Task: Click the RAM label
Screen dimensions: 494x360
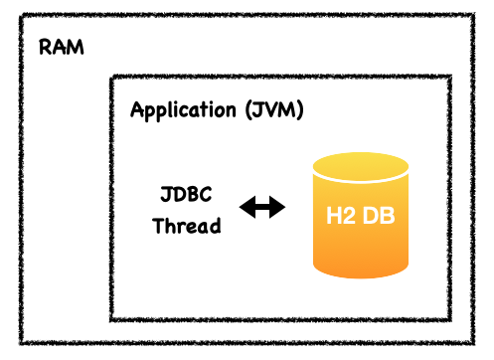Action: coord(62,47)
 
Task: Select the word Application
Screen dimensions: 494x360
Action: coord(183,110)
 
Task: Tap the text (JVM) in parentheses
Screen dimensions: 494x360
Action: coord(274,110)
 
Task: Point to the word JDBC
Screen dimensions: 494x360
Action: coord(186,194)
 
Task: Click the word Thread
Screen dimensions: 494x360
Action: coord(187,226)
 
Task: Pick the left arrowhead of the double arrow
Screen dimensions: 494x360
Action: coord(247,207)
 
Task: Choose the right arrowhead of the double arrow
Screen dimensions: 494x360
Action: coord(277,207)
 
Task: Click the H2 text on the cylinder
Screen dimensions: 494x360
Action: coord(341,216)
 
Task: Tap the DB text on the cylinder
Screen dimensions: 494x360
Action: coord(379,216)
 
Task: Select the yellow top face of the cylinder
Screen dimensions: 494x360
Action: coord(361,167)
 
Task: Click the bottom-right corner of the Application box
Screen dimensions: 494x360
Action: coord(450,319)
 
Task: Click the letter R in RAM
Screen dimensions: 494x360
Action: coord(46,47)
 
